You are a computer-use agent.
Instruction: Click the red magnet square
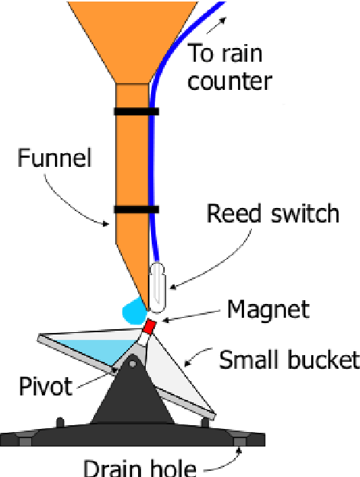pos(149,327)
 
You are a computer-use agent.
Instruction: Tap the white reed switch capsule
pos(157,287)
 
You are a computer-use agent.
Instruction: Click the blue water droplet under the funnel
pos(134,312)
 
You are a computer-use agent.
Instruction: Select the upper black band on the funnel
pos(137,111)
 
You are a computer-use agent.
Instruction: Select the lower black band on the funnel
pos(137,210)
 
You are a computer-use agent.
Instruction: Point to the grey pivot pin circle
pos(133,363)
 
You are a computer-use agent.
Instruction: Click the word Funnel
pos(54,158)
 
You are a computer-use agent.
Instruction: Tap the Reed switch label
pos(273,213)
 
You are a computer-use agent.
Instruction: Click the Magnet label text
pos(268,309)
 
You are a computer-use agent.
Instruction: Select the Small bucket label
pos(289,360)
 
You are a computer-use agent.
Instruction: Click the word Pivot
pos(46,386)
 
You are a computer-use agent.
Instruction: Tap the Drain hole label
pos(140,469)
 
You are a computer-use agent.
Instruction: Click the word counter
pos(230,81)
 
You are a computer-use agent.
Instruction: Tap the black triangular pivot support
pos(133,392)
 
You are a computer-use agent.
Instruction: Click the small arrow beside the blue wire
pos(217,25)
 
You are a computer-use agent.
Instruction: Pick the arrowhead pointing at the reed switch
pos(172,287)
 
